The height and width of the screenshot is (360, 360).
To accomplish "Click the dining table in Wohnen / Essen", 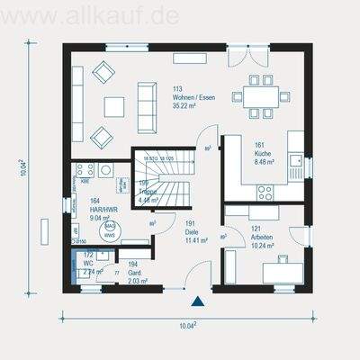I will click(x=259, y=96).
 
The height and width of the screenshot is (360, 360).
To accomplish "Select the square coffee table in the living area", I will click(x=114, y=107).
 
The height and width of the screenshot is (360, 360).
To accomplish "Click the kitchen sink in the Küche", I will click(x=295, y=161).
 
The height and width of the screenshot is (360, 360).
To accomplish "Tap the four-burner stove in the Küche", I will click(x=265, y=192).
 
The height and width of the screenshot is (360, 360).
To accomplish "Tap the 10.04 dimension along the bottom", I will click(x=187, y=325).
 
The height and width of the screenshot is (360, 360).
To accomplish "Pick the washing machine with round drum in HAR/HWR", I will click(x=106, y=169).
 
